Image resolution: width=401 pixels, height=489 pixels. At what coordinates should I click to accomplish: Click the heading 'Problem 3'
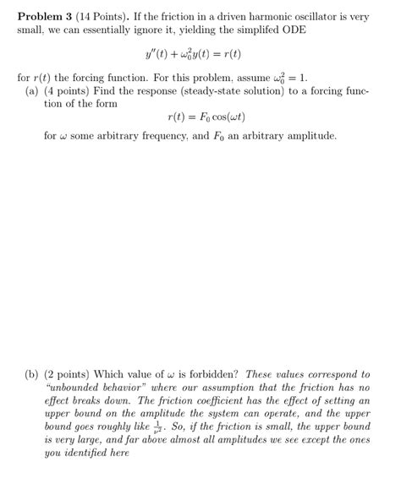[x=46, y=15]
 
